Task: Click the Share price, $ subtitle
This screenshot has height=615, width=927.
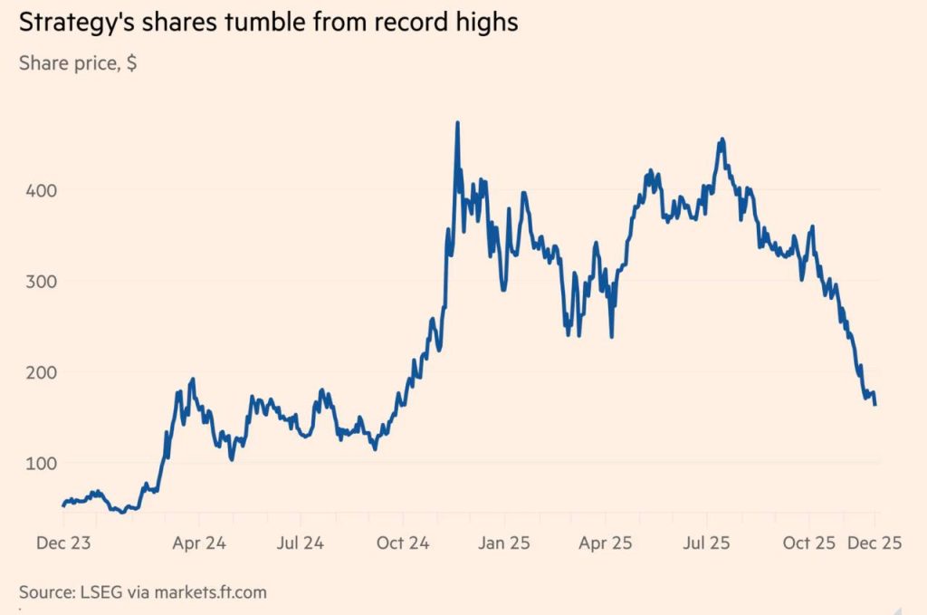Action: (78, 65)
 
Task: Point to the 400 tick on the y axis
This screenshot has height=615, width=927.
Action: (37, 191)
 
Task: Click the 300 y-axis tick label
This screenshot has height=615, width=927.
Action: (37, 282)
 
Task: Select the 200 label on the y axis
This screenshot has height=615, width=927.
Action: (37, 372)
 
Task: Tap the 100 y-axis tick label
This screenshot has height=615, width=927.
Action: (37, 463)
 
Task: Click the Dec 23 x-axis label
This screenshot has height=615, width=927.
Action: (63, 543)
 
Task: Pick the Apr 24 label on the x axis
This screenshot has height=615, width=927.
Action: (199, 543)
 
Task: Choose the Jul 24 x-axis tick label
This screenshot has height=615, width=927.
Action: (300, 543)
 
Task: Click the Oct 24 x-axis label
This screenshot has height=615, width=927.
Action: (402, 543)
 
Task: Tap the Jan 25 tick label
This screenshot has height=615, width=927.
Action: (504, 543)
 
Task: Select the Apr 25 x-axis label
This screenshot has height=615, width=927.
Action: (605, 543)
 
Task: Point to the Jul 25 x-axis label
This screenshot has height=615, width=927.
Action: (706, 543)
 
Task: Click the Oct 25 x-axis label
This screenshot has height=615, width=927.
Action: (808, 543)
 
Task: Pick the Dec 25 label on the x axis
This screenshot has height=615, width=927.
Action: (875, 543)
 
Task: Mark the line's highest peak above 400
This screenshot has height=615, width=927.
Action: (457, 122)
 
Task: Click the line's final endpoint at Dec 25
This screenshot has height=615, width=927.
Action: (874, 404)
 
